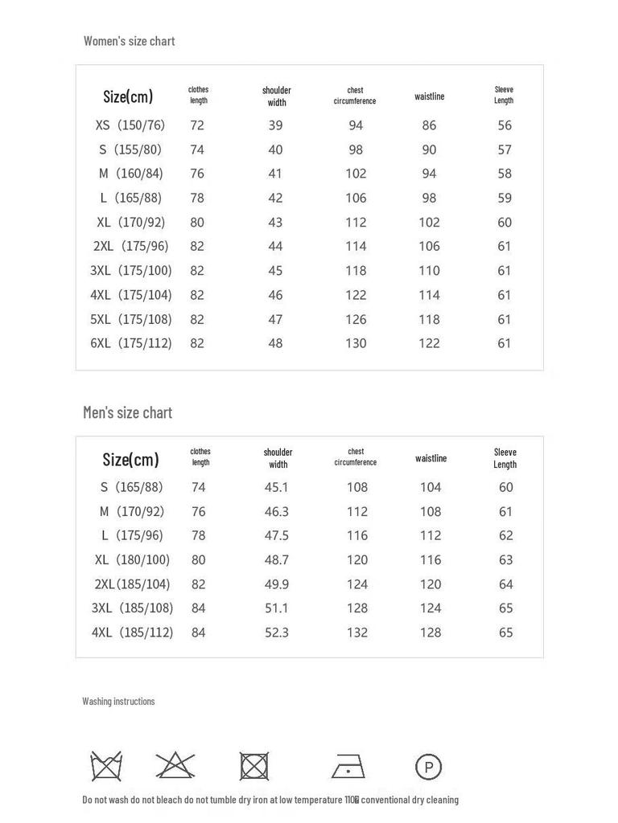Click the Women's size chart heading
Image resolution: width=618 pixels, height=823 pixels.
tap(129, 41)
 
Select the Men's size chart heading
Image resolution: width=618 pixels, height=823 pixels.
tap(127, 412)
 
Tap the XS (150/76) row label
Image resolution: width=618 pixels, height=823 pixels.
tap(130, 125)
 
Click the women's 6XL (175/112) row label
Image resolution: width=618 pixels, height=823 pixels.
tap(131, 343)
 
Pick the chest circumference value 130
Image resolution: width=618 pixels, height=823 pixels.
tap(356, 343)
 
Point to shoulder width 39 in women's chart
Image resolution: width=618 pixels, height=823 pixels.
tap(276, 125)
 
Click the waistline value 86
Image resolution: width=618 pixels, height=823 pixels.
tap(429, 125)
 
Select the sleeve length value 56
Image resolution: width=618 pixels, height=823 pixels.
tap(505, 125)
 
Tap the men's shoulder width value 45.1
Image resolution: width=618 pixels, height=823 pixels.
tap(277, 487)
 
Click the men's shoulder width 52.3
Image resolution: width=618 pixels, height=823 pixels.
tap(277, 633)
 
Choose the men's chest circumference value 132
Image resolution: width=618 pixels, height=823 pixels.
tap(357, 633)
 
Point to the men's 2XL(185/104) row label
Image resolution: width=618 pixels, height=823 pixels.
tap(132, 584)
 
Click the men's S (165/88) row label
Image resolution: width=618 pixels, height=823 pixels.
tap(131, 487)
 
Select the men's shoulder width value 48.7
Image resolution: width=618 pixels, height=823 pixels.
tap(277, 560)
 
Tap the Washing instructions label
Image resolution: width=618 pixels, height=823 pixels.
tap(118, 702)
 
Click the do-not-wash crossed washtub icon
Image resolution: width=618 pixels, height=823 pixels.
tap(106, 766)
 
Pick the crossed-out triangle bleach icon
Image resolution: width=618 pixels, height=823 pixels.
tap(175, 765)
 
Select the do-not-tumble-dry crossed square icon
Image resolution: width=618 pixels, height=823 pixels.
tap(254, 766)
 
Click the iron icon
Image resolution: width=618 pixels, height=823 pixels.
tap(348, 766)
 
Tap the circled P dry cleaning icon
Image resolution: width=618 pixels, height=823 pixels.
tap(428, 767)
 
